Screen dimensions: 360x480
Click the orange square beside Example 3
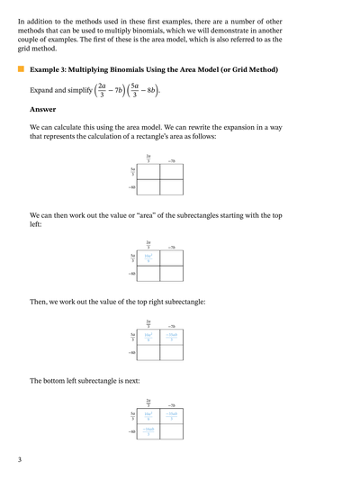tap(20, 69)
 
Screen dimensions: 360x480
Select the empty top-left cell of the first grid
tap(148, 170)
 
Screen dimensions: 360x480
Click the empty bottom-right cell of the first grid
tap(171, 186)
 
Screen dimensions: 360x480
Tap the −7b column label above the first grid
tap(171, 159)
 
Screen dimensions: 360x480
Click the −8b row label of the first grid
tap(131, 186)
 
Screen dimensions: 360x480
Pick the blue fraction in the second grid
tap(148, 258)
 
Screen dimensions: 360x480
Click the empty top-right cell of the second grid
tap(171, 258)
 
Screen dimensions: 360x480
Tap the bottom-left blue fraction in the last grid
tap(148, 431)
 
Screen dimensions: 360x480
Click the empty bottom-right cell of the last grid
tap(171, 431)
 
